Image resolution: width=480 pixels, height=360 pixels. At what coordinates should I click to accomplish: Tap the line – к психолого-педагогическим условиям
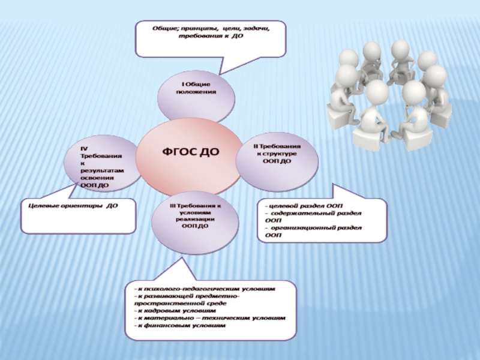point(204,289)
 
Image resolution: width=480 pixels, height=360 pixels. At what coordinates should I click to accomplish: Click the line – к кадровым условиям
point(174,311)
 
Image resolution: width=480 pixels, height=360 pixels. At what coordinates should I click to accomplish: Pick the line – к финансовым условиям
point(179,325)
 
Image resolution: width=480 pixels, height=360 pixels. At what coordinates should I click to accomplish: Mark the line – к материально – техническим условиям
point(209,318)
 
